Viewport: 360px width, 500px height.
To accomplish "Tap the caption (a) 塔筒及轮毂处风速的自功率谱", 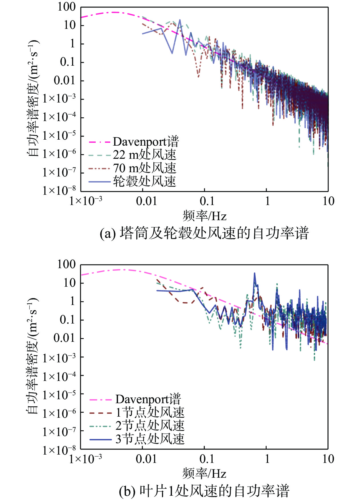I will pos(204,233).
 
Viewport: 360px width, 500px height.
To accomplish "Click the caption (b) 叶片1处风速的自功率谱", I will pos(204,491).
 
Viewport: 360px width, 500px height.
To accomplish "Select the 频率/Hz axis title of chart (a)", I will pos(205,216).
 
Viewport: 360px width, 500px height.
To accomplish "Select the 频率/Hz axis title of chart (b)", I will pos(205,474).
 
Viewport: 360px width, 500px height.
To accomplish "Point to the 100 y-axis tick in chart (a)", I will pos(67,7).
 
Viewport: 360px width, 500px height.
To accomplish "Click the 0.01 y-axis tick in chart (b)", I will pos(65,338).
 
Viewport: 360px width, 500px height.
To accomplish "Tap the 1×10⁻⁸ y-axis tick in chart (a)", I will pos(59,190).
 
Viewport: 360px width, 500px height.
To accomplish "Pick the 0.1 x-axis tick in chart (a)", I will pos(207,201).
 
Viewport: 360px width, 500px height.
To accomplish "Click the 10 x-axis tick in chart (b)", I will pos(328,459).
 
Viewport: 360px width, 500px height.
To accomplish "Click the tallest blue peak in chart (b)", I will pos(255,274).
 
